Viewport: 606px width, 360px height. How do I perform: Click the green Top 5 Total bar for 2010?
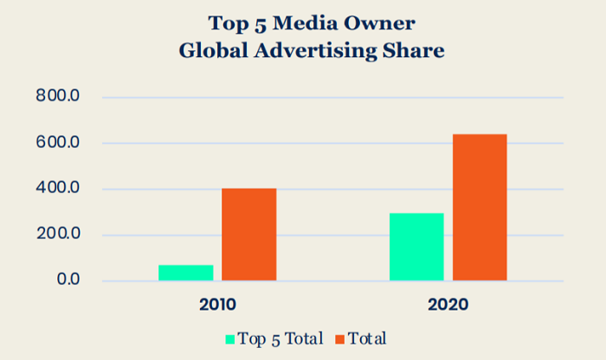coord(185,273)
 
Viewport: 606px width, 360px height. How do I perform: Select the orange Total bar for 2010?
coord(249,235)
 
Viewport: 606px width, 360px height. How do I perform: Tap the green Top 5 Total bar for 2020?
coord(416,247)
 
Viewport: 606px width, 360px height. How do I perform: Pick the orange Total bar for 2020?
coord(480,208)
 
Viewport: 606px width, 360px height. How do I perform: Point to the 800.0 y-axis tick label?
coord(58,97)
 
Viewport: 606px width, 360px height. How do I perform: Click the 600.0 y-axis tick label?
coord(58,143)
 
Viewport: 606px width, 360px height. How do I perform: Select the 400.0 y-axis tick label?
coord(58,189)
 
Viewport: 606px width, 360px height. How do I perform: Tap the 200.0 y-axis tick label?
coord(58,235)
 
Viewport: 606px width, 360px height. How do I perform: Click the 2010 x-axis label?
coord(217,305)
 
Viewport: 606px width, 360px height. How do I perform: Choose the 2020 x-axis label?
coord(448,305)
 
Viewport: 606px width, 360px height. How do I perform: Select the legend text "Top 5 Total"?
coord(280,338)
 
